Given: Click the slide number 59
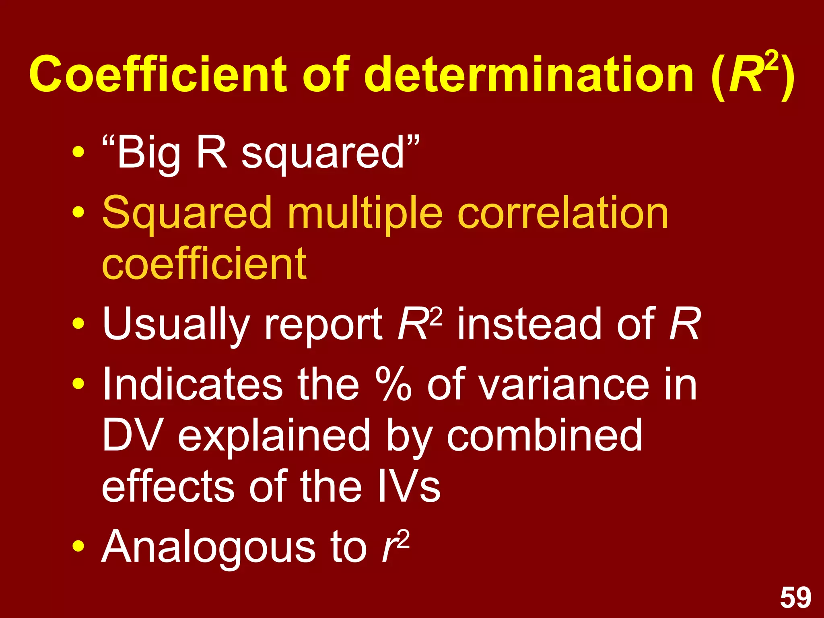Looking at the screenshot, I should pyautogui.click(x=795, y=598).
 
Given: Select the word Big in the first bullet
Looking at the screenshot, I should pyautogui.click(x=148, y=153).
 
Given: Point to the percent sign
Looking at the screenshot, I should pyautogui.click(x=393, y=384).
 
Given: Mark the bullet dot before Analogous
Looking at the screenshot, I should pyautogui.click(x=78, y=547).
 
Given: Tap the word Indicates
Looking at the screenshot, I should pyautogui.click(x=192, y=384).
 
